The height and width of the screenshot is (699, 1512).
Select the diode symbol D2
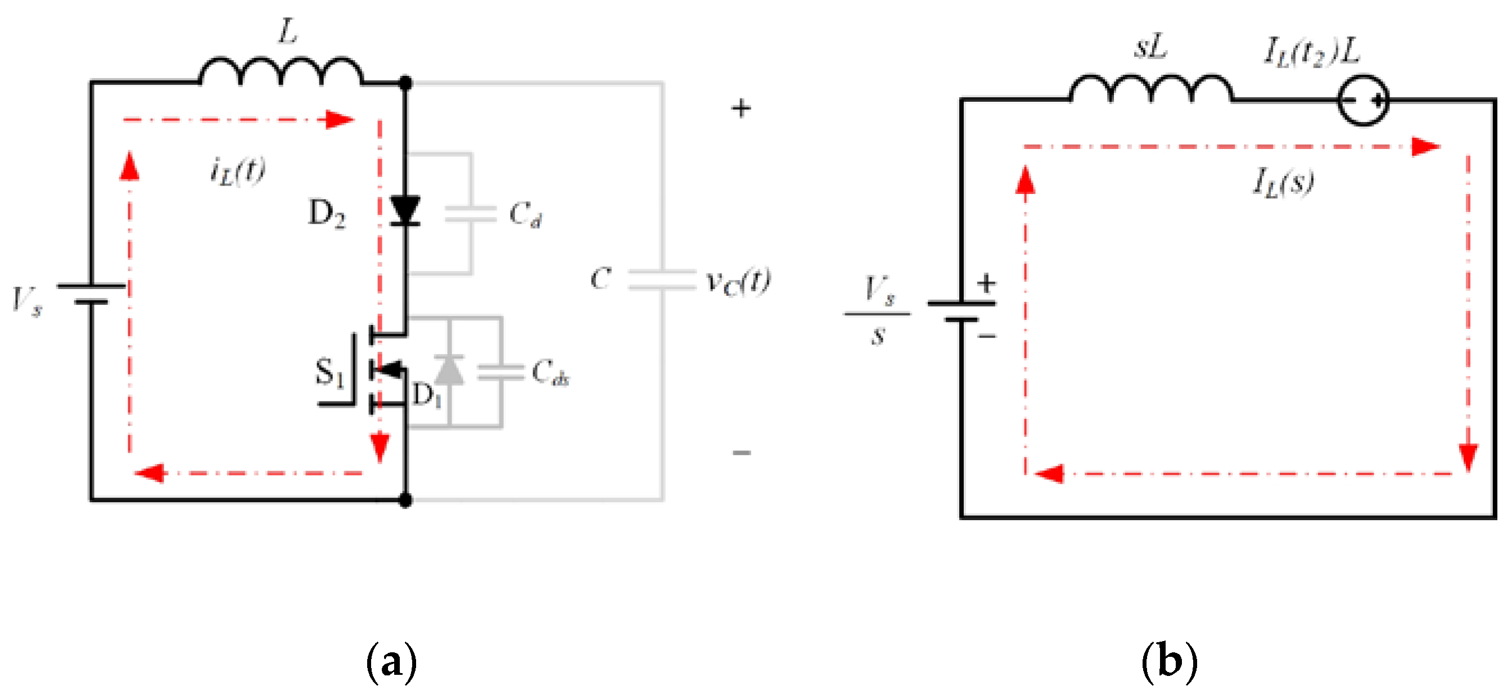tap(404, 211)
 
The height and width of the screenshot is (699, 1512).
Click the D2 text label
tap(327, 213)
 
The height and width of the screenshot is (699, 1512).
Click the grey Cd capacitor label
tap(525, 214)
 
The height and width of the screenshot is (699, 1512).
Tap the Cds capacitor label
tap(549, 373)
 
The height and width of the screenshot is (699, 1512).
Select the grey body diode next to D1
tap(449, 371)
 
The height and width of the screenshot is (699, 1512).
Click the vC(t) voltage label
tap(738, 282)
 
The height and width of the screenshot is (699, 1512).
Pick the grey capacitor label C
tap(601, 278)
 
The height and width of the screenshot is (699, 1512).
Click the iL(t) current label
tap(238, 172)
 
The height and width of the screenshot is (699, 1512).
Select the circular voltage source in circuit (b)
tap(1362, 101)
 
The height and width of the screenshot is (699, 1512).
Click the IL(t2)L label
tap(1311, 52)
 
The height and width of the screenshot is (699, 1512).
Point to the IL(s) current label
tap(1283, 182)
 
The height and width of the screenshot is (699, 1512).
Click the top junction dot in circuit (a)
tap(405, 83)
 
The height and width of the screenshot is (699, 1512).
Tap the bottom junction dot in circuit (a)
tap(405, 500)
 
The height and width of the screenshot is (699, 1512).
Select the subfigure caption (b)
tap(1168, 661)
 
